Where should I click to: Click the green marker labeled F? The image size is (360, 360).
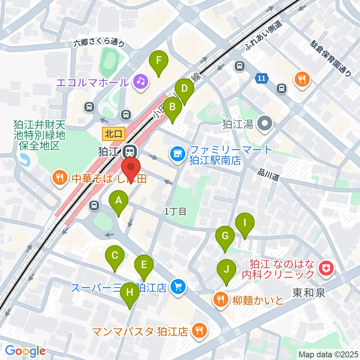[x=159, y=60]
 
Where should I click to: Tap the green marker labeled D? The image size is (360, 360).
[x=184, y=89]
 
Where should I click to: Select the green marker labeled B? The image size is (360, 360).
[x=172, y=107]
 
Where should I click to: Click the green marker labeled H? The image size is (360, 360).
[x=130, y=292]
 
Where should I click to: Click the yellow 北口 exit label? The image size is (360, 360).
[x=112, y=133]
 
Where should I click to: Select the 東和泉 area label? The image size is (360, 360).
[x=309, y=293]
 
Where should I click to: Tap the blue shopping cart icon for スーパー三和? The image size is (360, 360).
[x=177, y=288]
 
